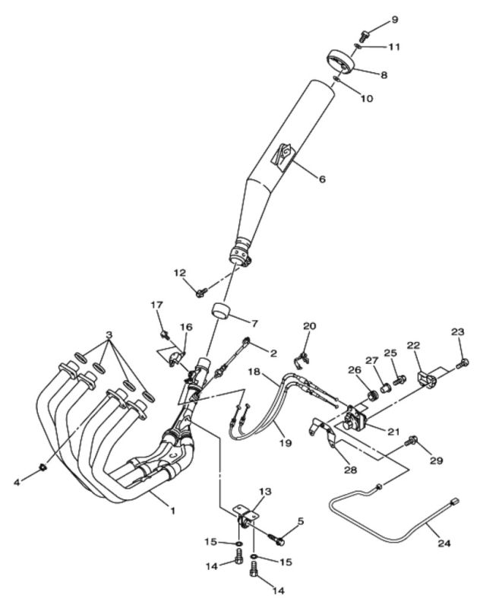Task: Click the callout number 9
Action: (x=394, y=20)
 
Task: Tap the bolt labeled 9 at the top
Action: (x=364, y=36)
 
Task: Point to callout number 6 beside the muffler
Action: (x=322, y=179)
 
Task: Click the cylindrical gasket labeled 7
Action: (x=220, y=311)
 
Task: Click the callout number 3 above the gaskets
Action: (x=109, y=334)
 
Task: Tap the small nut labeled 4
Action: (x=43, y=469)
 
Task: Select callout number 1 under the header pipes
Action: (x=172, y=511)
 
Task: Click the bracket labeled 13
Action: (x=245, y=517)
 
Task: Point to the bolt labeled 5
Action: (x=276, y=540)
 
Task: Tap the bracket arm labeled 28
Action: (x=324, y=431)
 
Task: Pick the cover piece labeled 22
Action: (x=428, y=378)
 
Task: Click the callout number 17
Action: (x=156, y=305)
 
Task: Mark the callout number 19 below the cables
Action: (x=285, y=442)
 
